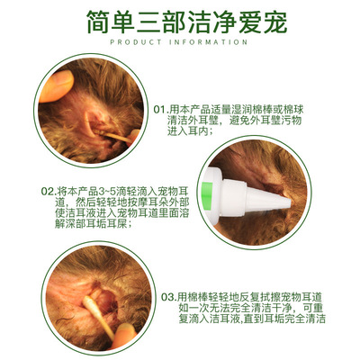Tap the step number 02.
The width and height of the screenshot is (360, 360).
coord(47,192)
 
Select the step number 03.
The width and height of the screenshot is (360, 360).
coord(167,297)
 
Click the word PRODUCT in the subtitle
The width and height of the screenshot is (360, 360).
coord(136,42)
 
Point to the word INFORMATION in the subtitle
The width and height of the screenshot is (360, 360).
coord(209,42)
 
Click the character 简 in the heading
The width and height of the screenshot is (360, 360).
coord(98,22)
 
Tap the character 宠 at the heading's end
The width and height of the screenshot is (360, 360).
coord(275,22)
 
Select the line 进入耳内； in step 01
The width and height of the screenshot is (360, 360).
coord(191,131)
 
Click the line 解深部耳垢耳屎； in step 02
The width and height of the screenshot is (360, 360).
coord(94,224)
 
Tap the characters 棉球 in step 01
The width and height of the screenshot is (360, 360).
coord(293,109)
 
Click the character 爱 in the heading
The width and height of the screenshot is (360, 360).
coord(250,22)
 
